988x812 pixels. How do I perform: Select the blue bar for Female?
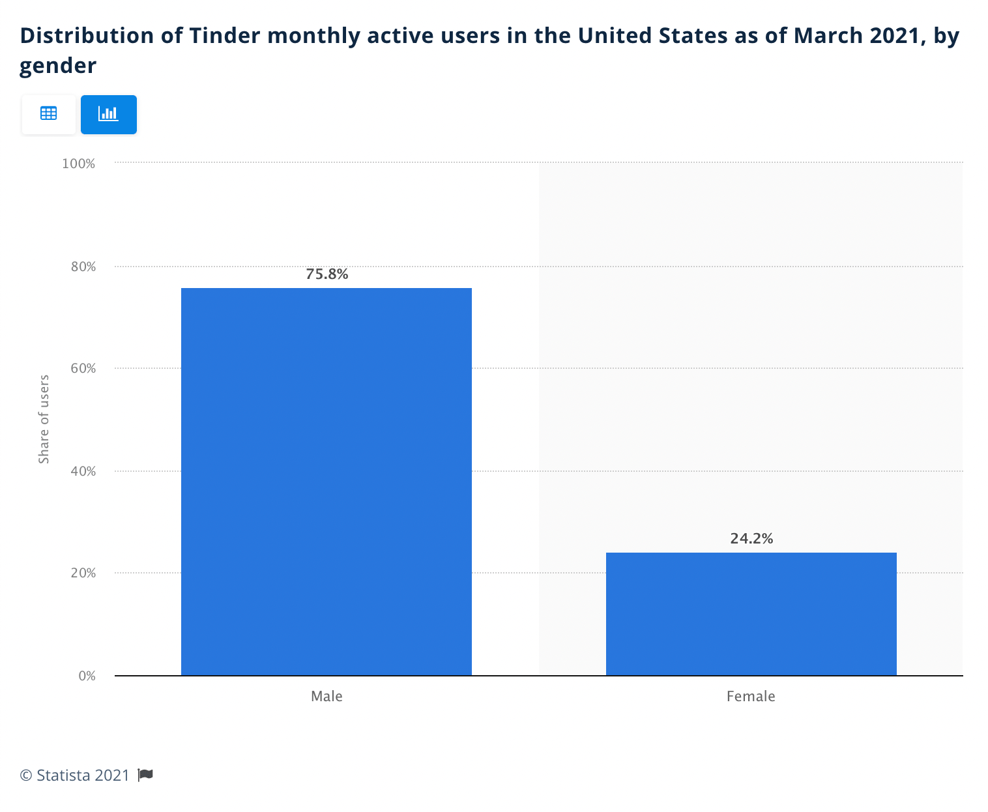point(751,613)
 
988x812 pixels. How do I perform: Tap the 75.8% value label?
point(327,274)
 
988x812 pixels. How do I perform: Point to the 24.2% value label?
point(751,538)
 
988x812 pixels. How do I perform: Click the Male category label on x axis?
point(327,696)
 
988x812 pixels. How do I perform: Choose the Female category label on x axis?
point(751,696)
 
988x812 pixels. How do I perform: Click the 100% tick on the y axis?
point(78,164)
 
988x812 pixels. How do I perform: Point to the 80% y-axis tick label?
point(83,267)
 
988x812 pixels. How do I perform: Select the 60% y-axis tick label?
point(83,368)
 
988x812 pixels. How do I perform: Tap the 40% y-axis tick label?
point(83,471)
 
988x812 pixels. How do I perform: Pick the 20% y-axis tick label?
point(83,573)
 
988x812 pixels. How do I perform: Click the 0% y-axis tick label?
point(87,676)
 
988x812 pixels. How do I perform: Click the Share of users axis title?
point(44,419)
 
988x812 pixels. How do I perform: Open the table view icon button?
point(49,114)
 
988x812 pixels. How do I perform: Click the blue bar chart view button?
point(108,114)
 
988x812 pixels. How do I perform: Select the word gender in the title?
point(58,65)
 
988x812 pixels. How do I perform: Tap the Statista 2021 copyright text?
point(75,775)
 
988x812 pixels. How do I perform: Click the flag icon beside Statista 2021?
point(145,775)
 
